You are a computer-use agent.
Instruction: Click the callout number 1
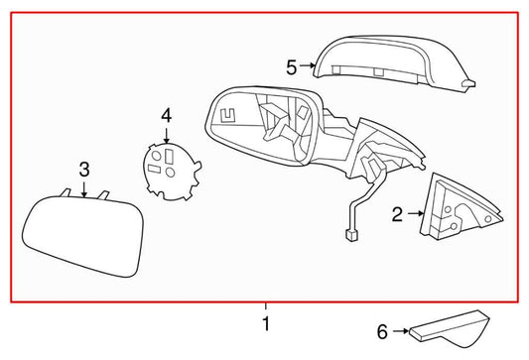pyautogui.click(x=265, y=323)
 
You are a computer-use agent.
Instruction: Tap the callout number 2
pyautogui.click(x=396, y=211)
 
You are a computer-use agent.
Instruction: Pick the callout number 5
pyautogui.click(x=292, y=66)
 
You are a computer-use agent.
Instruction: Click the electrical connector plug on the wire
pyautogui.click(x=348, y=236)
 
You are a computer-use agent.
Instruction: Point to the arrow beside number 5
pyautogui.click(x=308, y=66)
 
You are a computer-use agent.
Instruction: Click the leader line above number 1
pyautogui.click(x=265, y=307)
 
